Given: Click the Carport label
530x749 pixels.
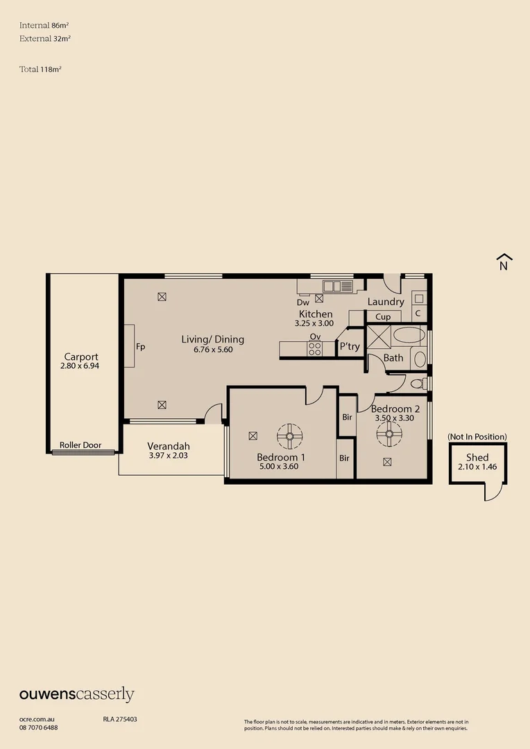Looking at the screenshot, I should pyautogui.click(x=81, y=356).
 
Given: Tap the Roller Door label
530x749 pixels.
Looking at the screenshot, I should pyautogui.click(x=80, y=445).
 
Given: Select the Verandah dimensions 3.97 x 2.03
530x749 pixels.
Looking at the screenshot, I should pyautogui.click(x=168, y=456).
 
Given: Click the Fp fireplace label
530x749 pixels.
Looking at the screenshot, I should pyautogui.click(x=140, y=346).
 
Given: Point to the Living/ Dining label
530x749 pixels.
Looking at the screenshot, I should pyautogui.click(x=212, y=339).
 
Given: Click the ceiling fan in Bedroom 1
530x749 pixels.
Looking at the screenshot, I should pyautogui.click(x=290, y=436).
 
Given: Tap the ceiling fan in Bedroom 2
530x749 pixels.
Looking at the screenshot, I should pyautogui.click(x=389, y=435).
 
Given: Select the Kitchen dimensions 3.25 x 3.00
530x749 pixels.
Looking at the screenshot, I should pyautogui.click(x=314, y=323).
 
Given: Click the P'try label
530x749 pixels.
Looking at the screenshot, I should pyautogui.click(x=350, y=347).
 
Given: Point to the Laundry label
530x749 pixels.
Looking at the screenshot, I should pyautogui.click(x=386, y=302).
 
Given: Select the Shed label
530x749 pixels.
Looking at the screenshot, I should pyautogui.click(x=477, y=457).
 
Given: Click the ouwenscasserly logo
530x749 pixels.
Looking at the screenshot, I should pyautogui.click(x=76, y=694).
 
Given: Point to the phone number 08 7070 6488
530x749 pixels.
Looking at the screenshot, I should pyautogui.click(x=38, y=728).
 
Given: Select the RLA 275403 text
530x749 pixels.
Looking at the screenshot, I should pyautogui.click(x=120, y=719).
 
